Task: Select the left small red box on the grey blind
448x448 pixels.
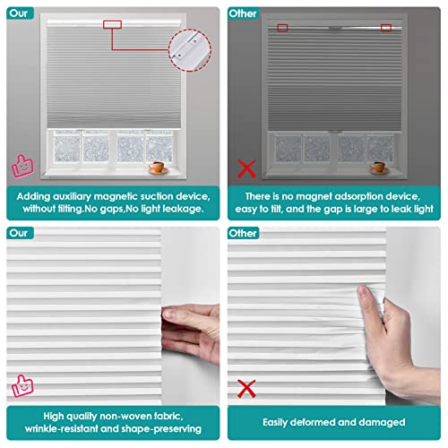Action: coord(282,28)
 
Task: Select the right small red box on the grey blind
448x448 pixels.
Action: coord(385,28)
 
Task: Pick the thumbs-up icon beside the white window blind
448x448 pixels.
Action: coord(18,166)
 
